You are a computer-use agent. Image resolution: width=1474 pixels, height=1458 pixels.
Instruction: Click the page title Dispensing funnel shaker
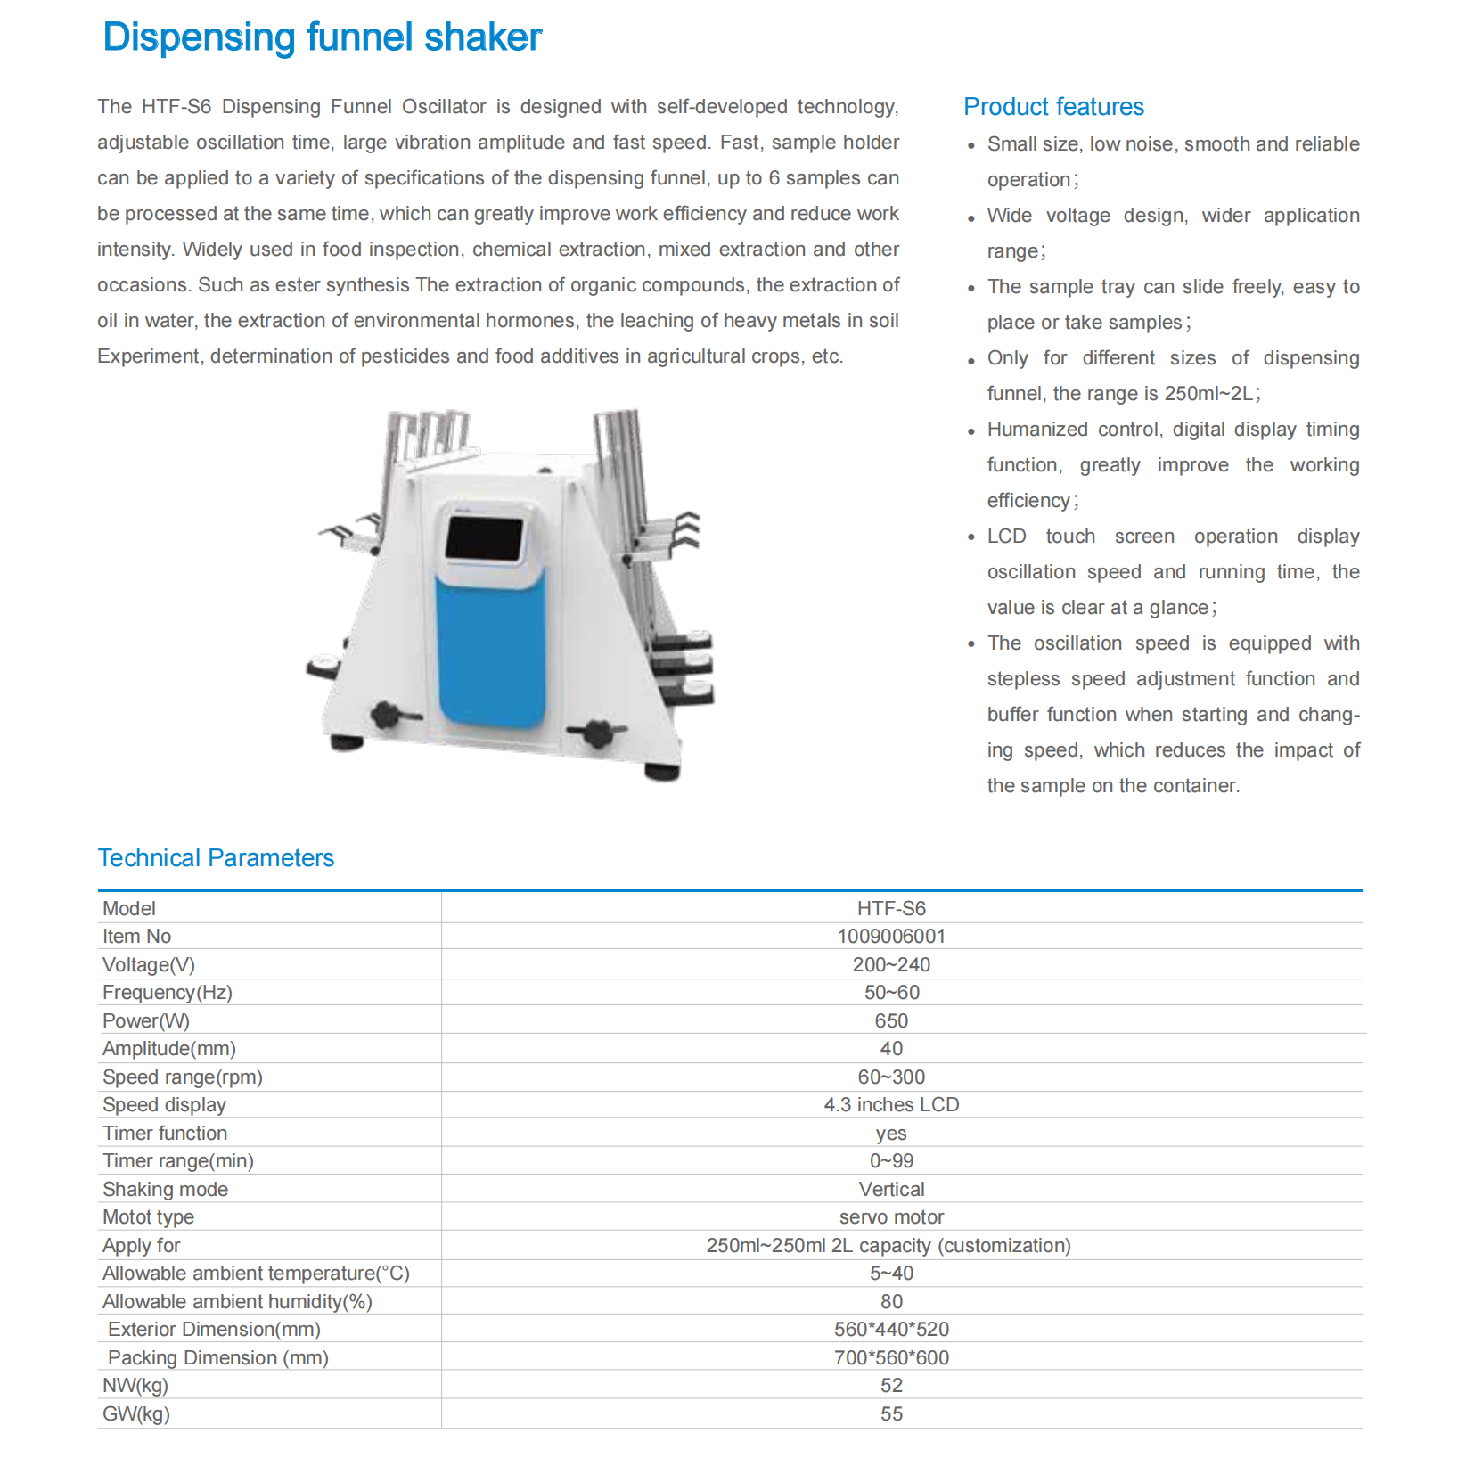tap(322, 37)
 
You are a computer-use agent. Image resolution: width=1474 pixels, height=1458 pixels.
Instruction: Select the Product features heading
tap(1053, 107)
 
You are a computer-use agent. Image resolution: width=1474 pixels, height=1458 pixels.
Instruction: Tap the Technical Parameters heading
tap(216, 857)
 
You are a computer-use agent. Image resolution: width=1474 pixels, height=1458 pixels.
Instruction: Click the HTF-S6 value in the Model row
tap(891, 908)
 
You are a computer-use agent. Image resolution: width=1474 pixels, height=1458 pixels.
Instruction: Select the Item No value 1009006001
tap(891, 936)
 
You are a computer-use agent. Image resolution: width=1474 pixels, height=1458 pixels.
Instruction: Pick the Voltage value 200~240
tap(891, 964)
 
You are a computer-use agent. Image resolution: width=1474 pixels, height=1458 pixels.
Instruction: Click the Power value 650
tap(891, 1020)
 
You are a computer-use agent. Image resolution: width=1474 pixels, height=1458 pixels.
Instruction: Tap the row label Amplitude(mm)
tap(169, 1048)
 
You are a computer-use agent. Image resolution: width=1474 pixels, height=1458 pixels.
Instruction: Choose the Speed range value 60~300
tap(891, 1077)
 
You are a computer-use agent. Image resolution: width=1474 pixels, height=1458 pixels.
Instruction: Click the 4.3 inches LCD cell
tap(891, 1104)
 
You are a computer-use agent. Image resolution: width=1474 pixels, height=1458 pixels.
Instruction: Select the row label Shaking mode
tap(165, 1189)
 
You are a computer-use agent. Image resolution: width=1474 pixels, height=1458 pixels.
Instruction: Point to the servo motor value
tap(891, 1216)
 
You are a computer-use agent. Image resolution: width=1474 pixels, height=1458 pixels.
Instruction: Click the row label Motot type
tap(148, 1216)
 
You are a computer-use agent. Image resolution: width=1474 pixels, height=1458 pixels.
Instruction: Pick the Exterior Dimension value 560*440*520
tap(891, 1329)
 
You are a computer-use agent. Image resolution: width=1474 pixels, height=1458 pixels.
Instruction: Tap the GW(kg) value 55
tap(891, 1413)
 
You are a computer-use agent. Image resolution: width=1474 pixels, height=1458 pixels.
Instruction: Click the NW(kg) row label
tap(135, 1385)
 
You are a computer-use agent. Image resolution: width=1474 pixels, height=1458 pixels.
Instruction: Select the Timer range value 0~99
tap(891, 1160)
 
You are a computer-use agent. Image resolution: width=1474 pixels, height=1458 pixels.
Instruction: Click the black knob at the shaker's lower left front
tap(387, 715)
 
